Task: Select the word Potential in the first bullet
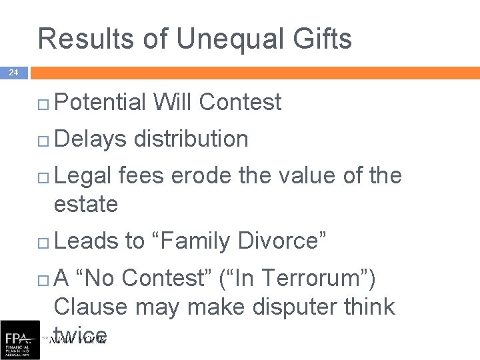click(100, 102)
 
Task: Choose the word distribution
click(191, 139)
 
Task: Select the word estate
click(85, 203)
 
